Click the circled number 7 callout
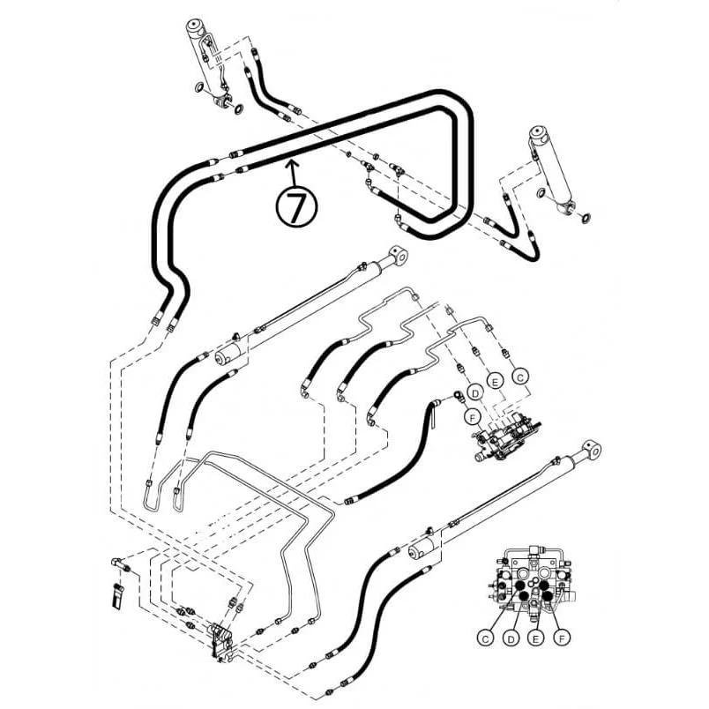pyautogui.click(x=296, y=206)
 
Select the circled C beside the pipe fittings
pyautogui.click(x=520, y=377)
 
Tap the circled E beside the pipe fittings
pyautogui.click(x=496, y=382)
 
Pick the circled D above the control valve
pyautogui.click(x=475, y=393)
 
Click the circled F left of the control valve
pyautogui.click(x=473, y=417)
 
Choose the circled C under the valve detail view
pyautogui.click(x=486, y=638)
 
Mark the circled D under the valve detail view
pyautogui.click(x=511, y=638)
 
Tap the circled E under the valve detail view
pyautogui.click(x=536, y=638)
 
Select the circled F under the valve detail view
pyautogui.click(x=562, y=638)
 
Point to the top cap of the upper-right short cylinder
pyautogui.click(x=539, y=133)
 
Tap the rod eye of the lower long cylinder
pyautogui.click(x=592, y=449)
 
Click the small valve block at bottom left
pyautogui.click(x=222, y=642)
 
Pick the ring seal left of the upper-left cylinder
pyautogui.click(x=200, y=87)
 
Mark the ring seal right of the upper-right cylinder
pyautogui.click(x=585, y=219)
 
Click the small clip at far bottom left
pyautogui.click(x=117, y=595)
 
